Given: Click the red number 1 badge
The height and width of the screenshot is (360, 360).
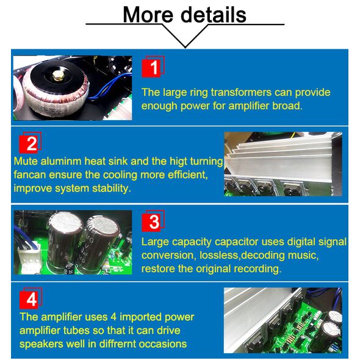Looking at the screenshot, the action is [x=153, y=67].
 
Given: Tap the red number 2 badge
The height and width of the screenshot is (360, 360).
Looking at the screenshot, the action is [x=31, y=143].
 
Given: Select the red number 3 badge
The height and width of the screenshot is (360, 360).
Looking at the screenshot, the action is [x=153, y=221].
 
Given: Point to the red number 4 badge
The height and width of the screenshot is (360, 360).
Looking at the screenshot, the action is [x=31, y=298].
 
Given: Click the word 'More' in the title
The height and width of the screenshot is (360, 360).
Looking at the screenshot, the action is [x=148, y=15].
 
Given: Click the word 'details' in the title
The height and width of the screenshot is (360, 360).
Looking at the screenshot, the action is [x=214, y=15].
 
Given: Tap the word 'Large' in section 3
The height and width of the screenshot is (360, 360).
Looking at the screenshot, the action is [x=153, y=242].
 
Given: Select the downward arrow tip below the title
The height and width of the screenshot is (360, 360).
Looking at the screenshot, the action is [x=185, y=48].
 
